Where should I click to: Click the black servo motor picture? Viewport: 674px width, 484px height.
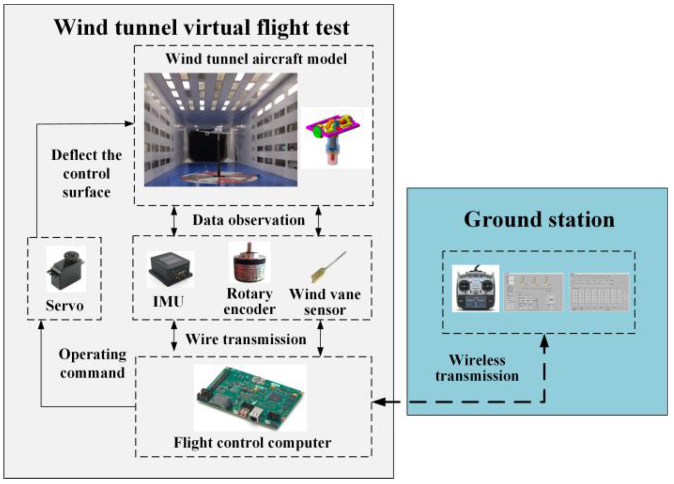(x=66, y=269)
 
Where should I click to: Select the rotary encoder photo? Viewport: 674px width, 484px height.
(x=249, y=263)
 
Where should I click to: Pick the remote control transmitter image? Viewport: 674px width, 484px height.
(x=475, y=288)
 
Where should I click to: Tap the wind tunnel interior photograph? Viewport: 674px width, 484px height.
(x=221, y=130)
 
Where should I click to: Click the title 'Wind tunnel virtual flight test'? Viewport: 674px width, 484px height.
(x=202, y=28)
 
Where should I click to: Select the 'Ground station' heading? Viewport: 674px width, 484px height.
(x=539, y=219)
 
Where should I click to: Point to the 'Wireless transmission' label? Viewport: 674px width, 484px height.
(x=477, y=368)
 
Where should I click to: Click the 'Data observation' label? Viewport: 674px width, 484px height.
(x=249, y=220)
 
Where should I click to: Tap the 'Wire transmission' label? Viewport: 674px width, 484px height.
(x=246, y=339)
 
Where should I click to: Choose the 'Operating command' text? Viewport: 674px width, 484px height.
(x=93, y=363)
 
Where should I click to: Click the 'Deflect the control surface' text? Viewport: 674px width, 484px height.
(x=87, y=174)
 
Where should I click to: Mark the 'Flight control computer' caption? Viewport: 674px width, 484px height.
(x=253, y=443)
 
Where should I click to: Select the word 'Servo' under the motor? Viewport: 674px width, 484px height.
(x=65, y=305)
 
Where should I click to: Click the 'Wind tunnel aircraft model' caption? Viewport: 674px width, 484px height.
(x=256, y=59)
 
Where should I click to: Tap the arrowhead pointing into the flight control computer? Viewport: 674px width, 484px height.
(x=378, y=402)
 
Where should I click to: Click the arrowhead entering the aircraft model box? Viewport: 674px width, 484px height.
(x=130, y=124)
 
